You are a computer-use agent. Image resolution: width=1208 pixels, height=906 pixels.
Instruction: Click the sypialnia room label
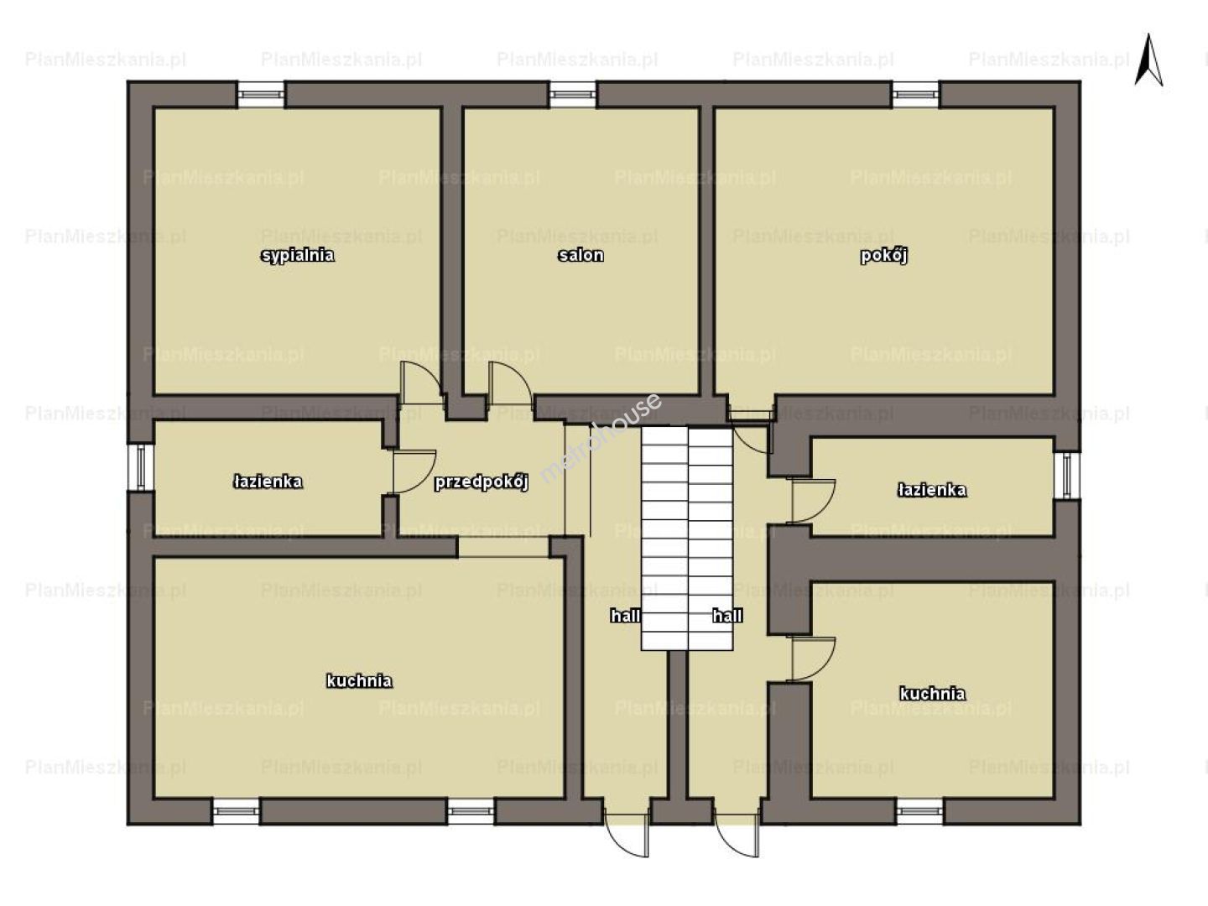297,256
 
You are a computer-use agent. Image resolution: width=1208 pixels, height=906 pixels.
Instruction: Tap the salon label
581,255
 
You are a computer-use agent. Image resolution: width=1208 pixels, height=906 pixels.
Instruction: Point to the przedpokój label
482,482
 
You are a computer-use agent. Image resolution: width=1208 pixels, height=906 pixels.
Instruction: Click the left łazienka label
268,482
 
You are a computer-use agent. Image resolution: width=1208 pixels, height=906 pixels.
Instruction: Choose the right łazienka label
932,490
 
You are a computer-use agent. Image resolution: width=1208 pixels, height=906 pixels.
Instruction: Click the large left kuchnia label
359,681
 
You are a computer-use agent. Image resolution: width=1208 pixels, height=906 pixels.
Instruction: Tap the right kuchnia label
932,694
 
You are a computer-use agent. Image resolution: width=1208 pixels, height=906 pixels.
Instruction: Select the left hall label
625,616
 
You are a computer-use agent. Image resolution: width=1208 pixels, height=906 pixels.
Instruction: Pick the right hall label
727,616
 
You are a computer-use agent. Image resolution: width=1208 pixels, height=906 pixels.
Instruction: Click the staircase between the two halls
687,539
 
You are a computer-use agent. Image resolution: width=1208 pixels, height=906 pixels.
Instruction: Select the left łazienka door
414,472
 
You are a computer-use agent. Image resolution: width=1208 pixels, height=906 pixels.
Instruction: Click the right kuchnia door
814,659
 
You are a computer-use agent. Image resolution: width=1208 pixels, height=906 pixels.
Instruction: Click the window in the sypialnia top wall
261,94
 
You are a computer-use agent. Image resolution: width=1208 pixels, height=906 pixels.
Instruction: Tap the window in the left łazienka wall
140,467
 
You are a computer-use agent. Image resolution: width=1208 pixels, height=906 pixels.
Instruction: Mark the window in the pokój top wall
916,94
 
